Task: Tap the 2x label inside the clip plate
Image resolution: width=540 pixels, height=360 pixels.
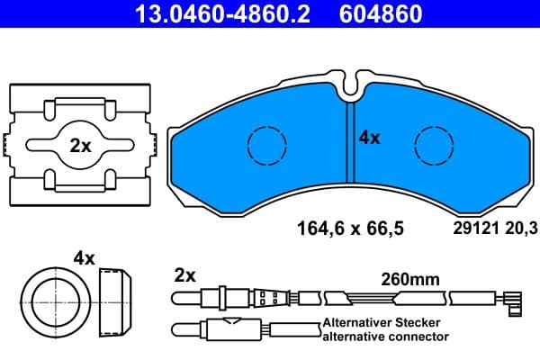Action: tap(81, 146)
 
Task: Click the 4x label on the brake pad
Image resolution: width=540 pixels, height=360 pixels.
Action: tap(370, 138)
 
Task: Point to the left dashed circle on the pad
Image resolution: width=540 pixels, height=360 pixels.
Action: tap(264, 143)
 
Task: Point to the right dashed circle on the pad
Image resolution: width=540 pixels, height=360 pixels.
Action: tap(434, 144)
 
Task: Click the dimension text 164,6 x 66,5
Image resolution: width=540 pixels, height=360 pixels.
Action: tap(351, 229)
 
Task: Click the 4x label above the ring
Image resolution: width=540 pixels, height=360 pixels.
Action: tap(84, 258)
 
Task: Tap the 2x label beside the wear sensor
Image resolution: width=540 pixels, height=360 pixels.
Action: tap(184, 274)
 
